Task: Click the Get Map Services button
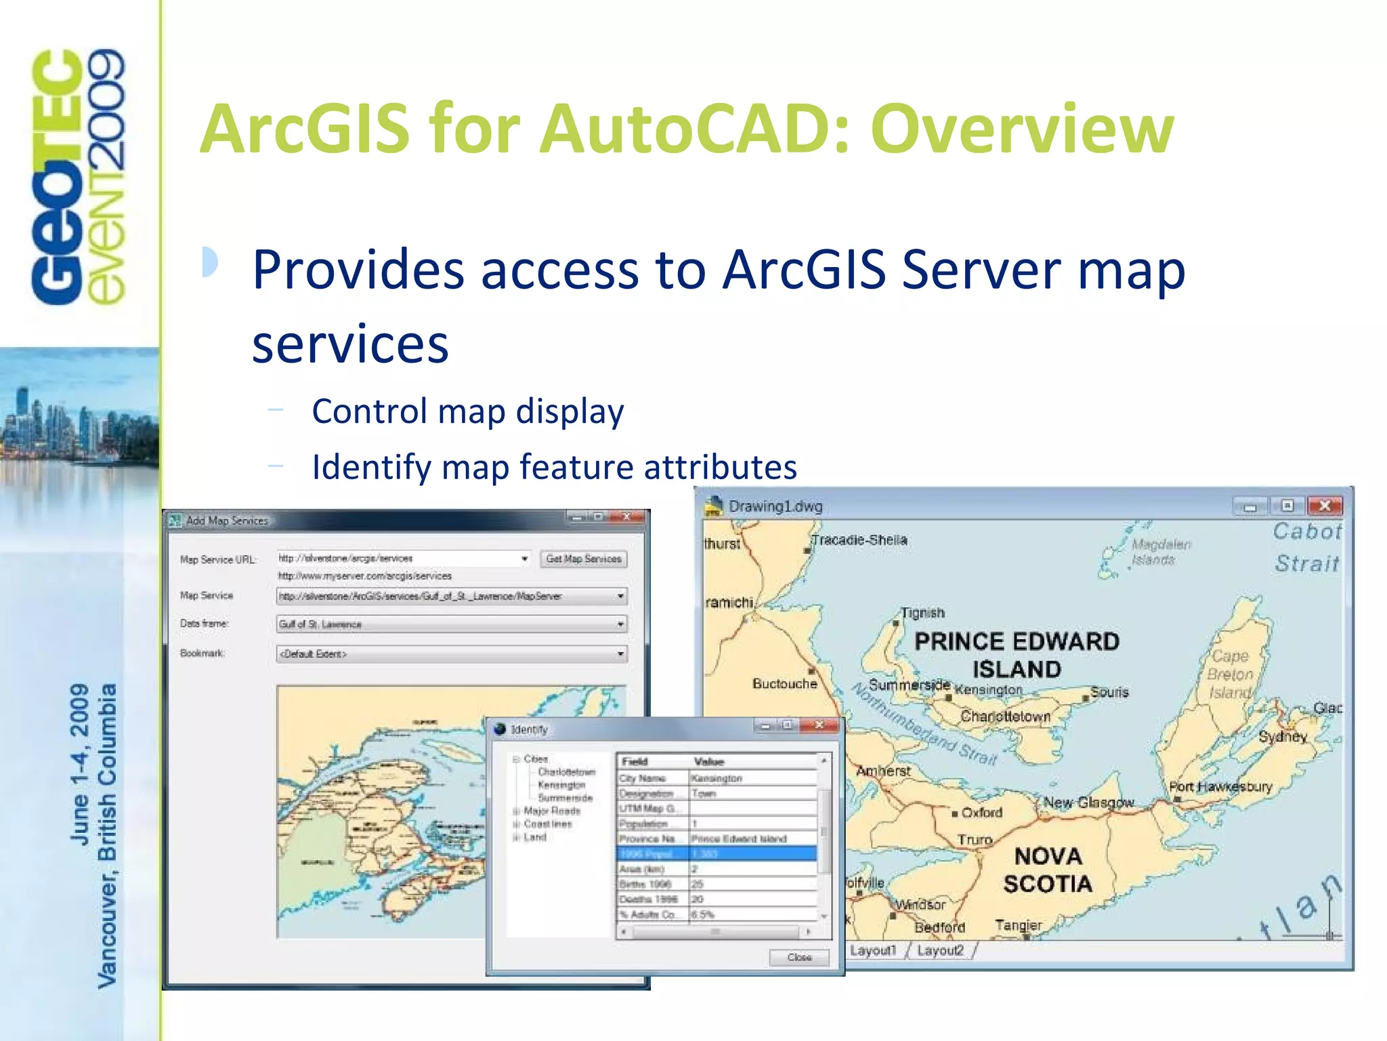click(x=583, y=559)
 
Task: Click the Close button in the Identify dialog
click(x=799, y=957)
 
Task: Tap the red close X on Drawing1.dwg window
click(x=1325, y=506)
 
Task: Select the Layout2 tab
click(x=940, y=950)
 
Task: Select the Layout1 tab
click(x=872, y=950)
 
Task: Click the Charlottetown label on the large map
click(x=1005, y=716)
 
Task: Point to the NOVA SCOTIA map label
click(x=1048, y=870)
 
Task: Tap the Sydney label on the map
click(x=1282, y=737)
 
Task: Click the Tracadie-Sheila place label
click(x=859, y=540)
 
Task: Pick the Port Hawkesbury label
click(x=1220, y=787)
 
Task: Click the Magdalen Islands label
click(x=1161, y=552)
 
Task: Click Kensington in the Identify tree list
click(x=561, y=785)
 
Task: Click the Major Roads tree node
click(x=552, y=811)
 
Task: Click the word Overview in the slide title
click(x=1022, y=129)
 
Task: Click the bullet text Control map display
click(x=467, y=411)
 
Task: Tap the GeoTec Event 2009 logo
click(x=78, y=176)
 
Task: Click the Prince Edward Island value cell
click(x=739, y=838)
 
